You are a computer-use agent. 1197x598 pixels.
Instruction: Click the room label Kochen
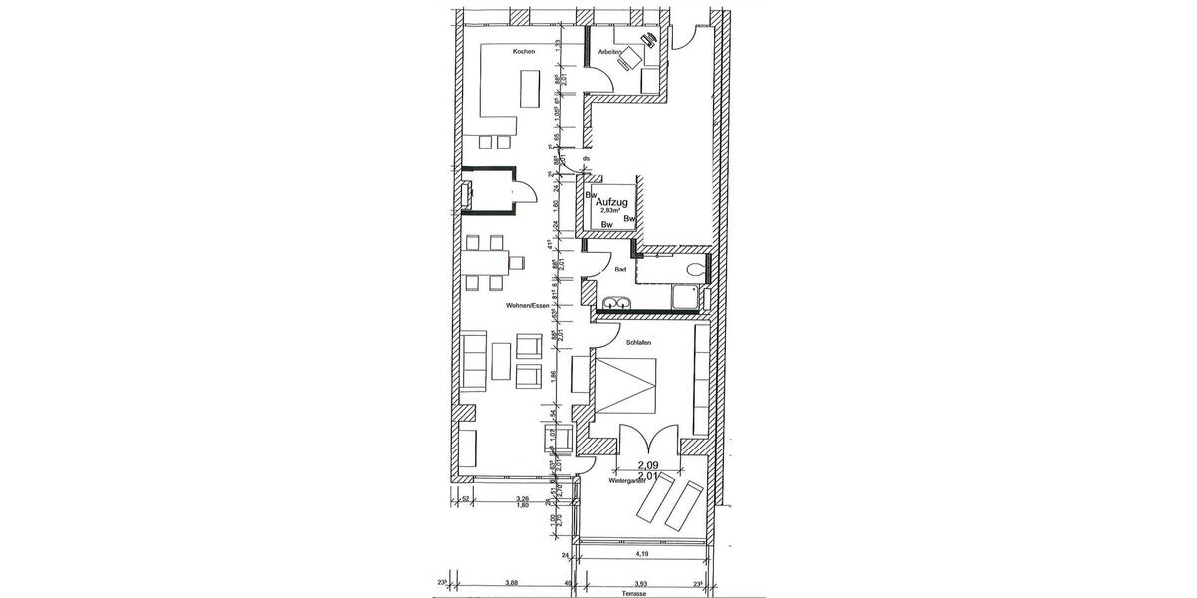point(525,52)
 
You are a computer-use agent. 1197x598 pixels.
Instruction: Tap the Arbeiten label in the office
point(610,52)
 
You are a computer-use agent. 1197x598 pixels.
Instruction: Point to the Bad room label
point(620,269)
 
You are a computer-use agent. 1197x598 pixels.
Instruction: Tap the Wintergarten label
point(625,480)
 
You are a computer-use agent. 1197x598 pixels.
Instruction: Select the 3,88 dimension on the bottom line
point(511,582)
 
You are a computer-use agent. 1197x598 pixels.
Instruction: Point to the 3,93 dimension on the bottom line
point(643,582)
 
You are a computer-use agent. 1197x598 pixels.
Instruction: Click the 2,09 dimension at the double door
point(648,463)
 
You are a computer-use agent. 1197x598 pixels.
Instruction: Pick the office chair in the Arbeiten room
point(627,60)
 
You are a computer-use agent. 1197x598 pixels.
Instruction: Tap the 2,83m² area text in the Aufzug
point(610,211)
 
